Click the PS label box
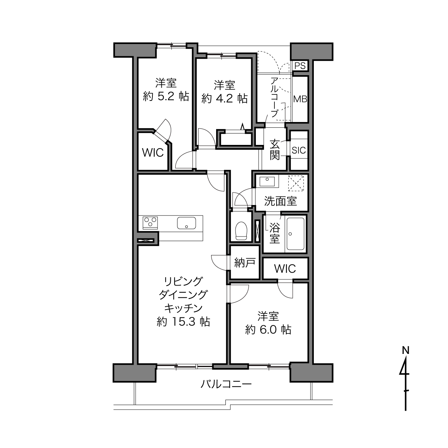300,66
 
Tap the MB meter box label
300,99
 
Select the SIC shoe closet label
299,150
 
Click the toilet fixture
241,230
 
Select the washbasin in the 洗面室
267,181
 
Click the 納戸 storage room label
245,263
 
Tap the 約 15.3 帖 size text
184,322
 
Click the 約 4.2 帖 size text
224,98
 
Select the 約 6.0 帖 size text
268,330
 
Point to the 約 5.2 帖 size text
166,96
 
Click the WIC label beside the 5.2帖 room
153,153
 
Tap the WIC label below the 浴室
285,269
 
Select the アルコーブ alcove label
274,97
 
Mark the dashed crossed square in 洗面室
296,184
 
